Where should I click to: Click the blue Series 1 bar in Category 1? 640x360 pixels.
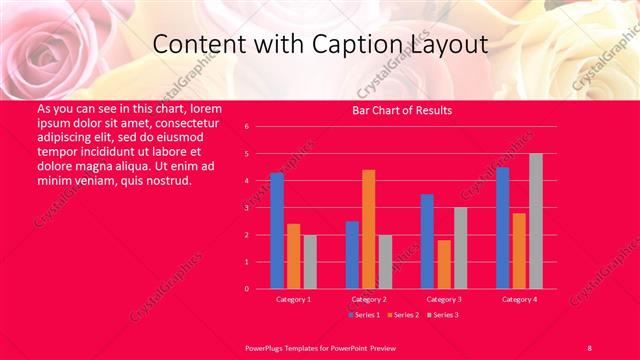[x=277, y=231]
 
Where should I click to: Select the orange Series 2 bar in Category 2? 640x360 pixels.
[x=369, y=229]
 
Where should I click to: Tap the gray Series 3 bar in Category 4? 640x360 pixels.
[x=535, y=221]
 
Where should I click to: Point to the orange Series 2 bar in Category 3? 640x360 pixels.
[x=443, y=264]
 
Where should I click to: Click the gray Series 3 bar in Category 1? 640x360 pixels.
[x=310, y=262]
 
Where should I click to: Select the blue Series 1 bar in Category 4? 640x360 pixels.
[x=502, y=228]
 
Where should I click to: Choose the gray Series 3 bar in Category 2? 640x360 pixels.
[x=385, y=262]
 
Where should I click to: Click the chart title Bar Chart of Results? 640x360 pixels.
[x=402, y=110]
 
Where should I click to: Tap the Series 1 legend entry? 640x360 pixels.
[x=363, y=315]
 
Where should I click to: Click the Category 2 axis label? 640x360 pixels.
[x=368, y=299]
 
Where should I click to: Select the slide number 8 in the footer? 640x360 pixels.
[x=589, y=346]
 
